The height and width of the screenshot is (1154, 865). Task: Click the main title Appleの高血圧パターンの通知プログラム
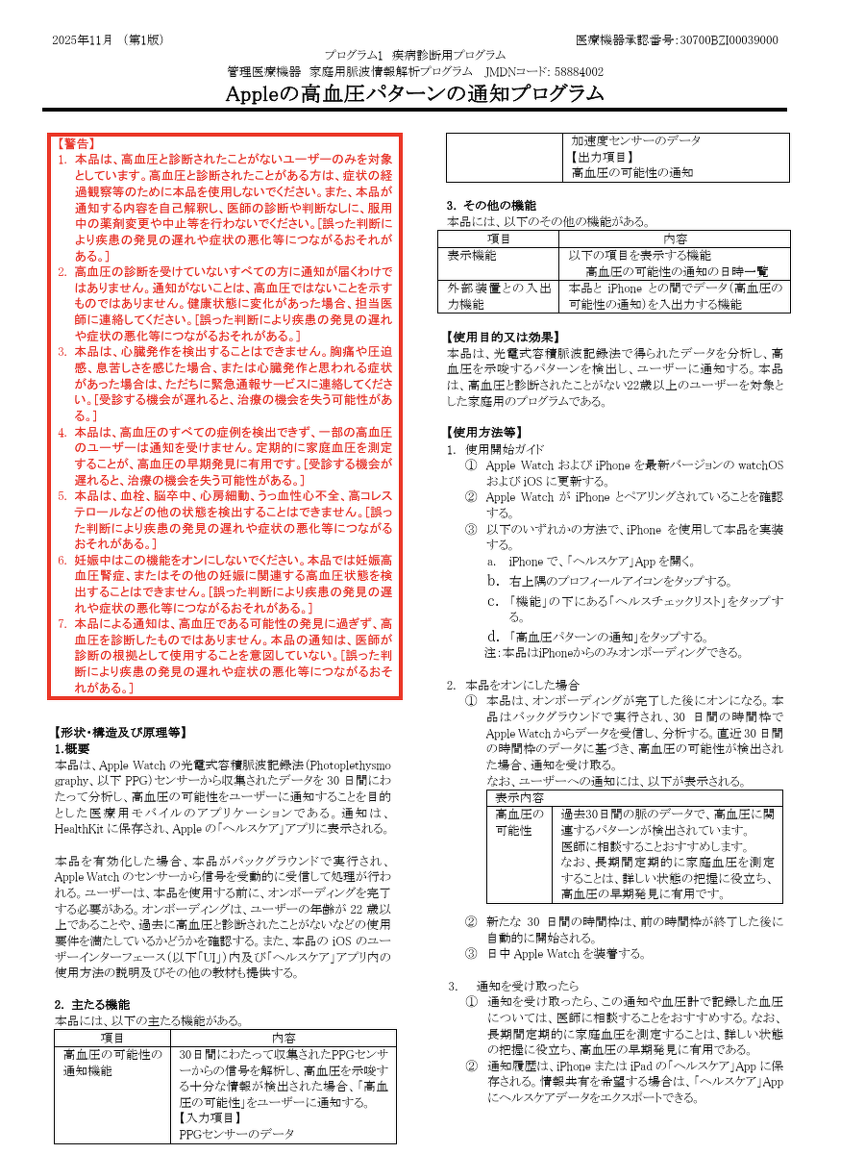tap(414, 93)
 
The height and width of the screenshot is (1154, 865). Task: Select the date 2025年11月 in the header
tap(83, 40)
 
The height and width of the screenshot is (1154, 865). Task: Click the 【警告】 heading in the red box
tap(75, 143)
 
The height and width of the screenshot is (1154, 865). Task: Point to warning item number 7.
tap(62, 623)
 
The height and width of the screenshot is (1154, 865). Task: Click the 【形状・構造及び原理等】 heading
tap(120, 733)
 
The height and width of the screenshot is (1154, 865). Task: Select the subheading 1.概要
tap(72, 748)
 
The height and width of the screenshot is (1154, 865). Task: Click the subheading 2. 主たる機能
tap(92, 1005)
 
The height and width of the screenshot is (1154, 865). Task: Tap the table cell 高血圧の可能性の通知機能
tap(111, 1062)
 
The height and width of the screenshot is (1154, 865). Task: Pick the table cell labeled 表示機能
tap(473, 257)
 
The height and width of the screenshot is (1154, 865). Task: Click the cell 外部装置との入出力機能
tap(497, 295)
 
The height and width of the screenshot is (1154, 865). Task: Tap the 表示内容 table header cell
tap(520, 798)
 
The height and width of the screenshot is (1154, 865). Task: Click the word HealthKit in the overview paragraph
tap(81, 826)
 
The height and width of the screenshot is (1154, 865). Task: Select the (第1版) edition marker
tap(142, 40)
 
